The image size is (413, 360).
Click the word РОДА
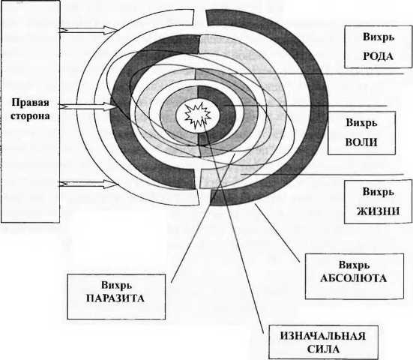click(x=379, y=56)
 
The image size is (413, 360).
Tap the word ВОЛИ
click(x=361, y=142)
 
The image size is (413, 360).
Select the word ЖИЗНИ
click(x=379, y=211)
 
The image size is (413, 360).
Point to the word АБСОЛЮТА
click(x=354, y=278)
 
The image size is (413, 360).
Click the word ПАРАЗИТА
click(x=115, y=298)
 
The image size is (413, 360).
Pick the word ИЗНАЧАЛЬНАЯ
click(x=323, y=336)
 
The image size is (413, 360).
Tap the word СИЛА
click(x=323, y=349)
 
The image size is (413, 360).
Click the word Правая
click(x=30, y=103)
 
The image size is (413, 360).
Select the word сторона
click(x=30, y=116)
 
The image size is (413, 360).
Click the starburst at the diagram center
click(x=198, y=115)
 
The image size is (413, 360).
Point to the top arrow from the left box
click(x=88, y=30)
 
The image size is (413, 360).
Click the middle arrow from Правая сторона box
click(x=88, y=106)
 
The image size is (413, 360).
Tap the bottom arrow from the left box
click(x=88, y=184)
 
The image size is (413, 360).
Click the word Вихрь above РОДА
click(x=379, y=37)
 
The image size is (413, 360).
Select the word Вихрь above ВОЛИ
click(x=361, y=123)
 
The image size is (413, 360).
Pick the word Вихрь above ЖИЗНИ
click(x=379, y=191)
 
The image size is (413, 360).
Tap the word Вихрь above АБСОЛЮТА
click(x=354, y=265)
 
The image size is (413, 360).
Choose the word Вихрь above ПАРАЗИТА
click(x=116, y=285)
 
